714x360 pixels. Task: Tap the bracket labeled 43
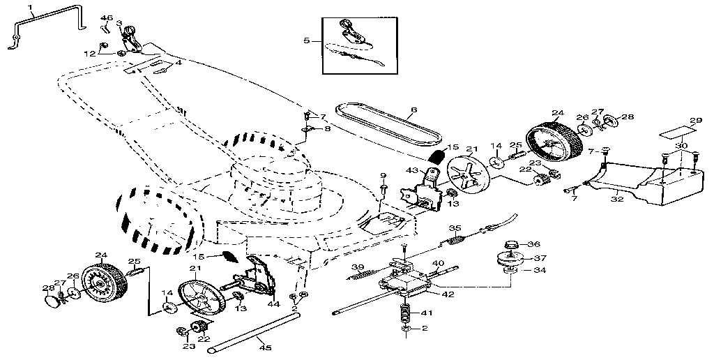pyautogui.click(x=423, y=192)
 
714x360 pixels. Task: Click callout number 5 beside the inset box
pyautogui.click(x=306, y=41)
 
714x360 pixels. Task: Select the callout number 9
pyautogui.click(x=383, y=174)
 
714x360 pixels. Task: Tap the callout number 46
pyautogui.click(x=107, y=17)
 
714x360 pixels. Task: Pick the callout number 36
pyautogui.click(x=535, y=244)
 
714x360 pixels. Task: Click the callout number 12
pyautogui.click(x=89, y=53)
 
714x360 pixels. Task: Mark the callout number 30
pyautogui.click(x=681, y=145)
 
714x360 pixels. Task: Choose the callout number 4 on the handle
pyautogui.click(x=178, y=63)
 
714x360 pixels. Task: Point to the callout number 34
pyautogui.click(x=540, y=269)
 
